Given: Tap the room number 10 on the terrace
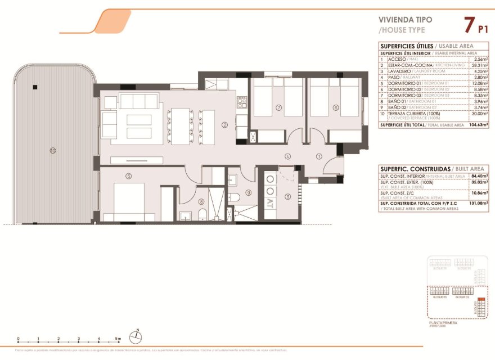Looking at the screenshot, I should pos(52,150).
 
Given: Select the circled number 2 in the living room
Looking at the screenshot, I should pos(224,125).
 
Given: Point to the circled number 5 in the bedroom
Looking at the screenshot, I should pos(129,176).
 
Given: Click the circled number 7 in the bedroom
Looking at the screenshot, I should pos(278,107).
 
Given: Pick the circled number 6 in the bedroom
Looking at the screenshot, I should pos(335,107).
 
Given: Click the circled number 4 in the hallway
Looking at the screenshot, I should pos(287,156).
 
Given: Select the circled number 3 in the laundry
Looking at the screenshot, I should pos(287,196).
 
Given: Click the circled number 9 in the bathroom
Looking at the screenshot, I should pos(248,193).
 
